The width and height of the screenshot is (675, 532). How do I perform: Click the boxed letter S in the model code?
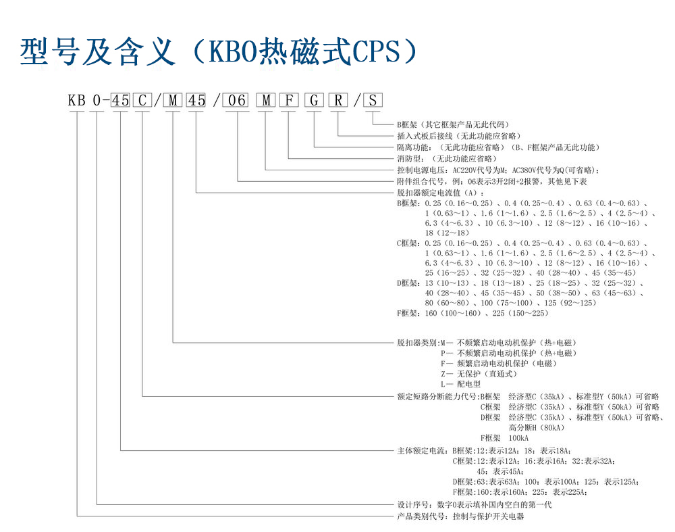tap(373, 101)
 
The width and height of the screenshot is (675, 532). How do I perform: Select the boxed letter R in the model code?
tap(338, 101)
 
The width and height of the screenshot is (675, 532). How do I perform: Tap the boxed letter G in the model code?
tap(314, 101)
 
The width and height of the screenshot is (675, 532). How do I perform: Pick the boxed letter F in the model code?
tap(290, 101)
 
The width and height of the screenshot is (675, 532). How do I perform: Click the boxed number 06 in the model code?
tap(238, 101)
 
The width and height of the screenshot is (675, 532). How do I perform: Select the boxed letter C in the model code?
tap(142, 101)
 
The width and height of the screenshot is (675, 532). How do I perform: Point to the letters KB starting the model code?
tap(76, 101)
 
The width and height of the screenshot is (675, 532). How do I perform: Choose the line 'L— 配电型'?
tap(460, 384)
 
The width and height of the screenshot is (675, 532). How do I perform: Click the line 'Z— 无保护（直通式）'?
tap(478, 373)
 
